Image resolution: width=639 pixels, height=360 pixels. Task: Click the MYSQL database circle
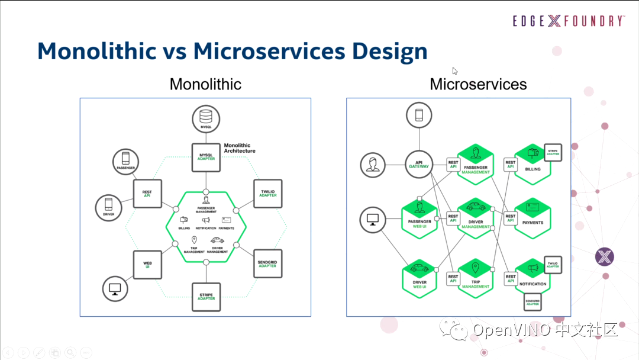click(x=206, y=118)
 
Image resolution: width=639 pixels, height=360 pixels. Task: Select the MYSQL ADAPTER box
click(x=206, y=157)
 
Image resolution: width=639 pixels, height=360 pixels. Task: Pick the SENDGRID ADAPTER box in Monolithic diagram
click(x=267, y=263)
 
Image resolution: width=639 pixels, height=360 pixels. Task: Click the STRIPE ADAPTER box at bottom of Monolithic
click(x=206, y=297)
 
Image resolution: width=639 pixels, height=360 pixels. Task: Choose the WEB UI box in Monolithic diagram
click(x=147, y=263)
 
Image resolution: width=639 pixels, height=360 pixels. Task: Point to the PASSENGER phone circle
click(x=125, y=160)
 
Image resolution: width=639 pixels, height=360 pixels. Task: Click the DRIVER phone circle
click(x=109, y=207)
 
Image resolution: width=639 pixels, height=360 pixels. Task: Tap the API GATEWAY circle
click(x=419, y=165)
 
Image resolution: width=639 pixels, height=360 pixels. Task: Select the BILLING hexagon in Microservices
click(x=532, y=164)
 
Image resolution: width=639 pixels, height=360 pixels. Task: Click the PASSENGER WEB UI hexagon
click(x=419, y=217)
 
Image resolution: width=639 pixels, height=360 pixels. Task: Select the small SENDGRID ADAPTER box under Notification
click(x=533, y=303)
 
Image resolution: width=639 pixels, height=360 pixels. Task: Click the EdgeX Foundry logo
click(x=569, y=21)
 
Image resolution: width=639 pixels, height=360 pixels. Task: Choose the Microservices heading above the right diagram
click(x=478, y=84)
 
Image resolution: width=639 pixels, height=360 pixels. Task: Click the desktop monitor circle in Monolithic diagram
click(x=115, y=289)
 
